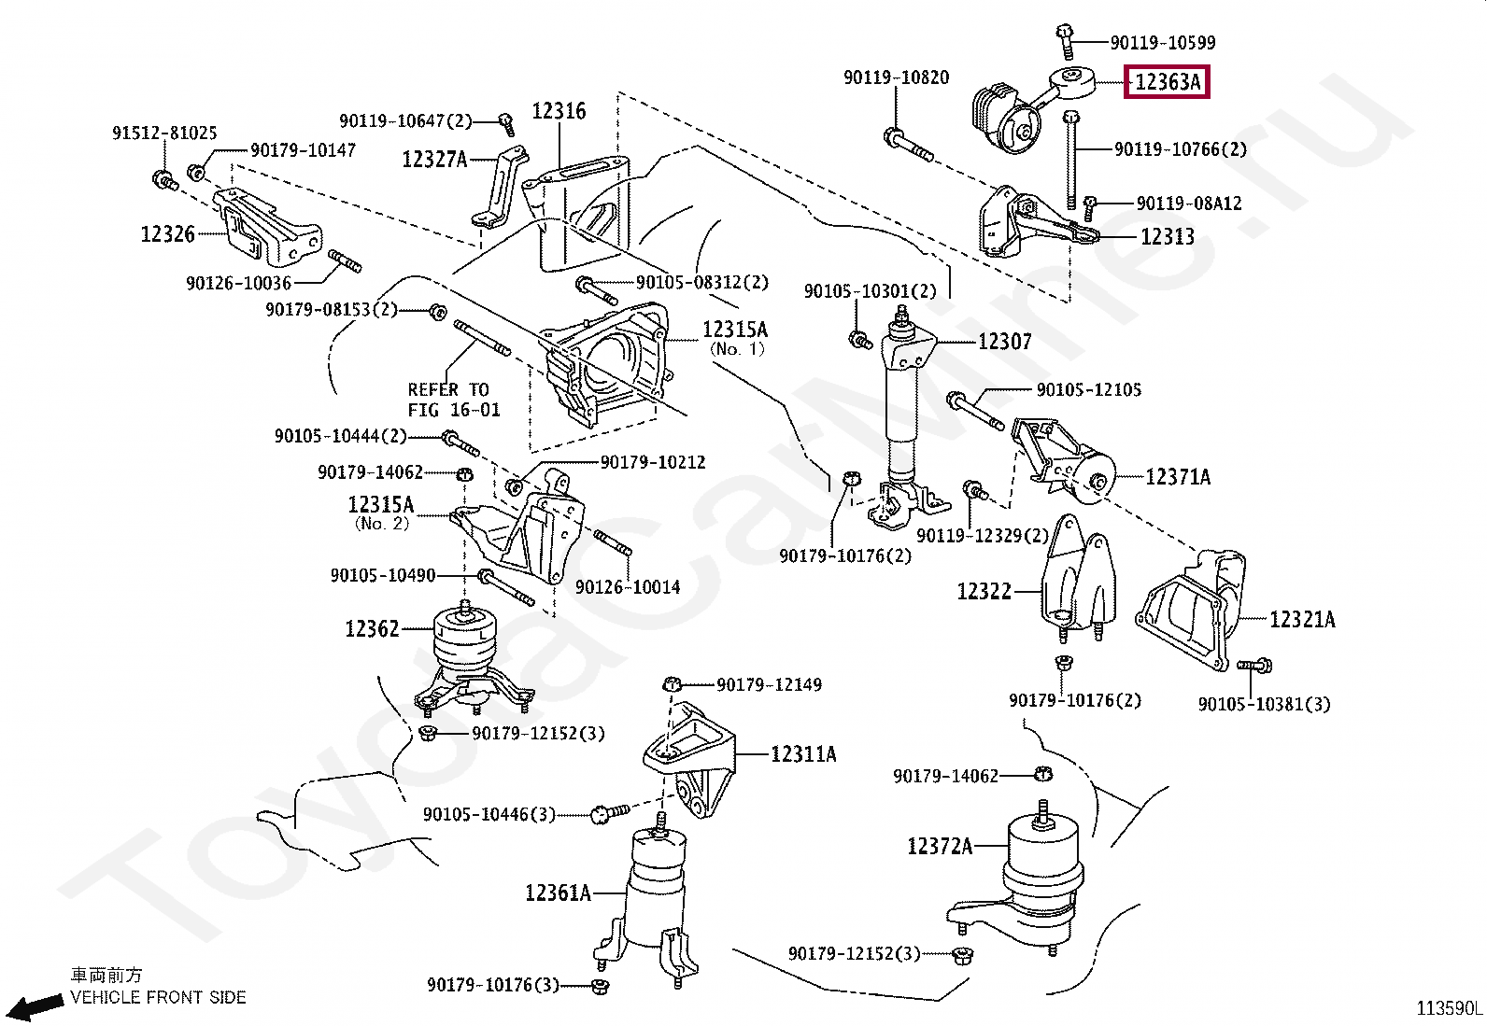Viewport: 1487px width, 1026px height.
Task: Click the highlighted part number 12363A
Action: click(x=1167, y=82)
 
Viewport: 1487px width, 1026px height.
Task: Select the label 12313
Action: click(x=1167, y=237)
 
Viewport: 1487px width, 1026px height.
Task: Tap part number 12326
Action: click(x=167, y=234)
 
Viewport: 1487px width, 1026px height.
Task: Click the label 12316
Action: click(x=559, y=111)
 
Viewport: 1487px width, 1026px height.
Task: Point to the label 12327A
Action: click(x=434, y=160)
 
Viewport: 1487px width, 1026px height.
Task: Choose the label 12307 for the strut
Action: click(x=1004, y=343)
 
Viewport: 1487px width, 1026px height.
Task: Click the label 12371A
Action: click(x=1177, y=477)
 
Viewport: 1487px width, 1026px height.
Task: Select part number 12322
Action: click(x=984, y=591)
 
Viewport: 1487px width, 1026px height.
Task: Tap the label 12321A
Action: click(x=1301, y=619)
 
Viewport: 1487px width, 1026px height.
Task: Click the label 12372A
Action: click(x=940, y=846)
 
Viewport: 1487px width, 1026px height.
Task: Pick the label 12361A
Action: click(x=558, y=892)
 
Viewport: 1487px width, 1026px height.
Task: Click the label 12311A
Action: click(x=802, y=753)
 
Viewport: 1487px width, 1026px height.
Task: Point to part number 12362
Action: click(x=372, y=629)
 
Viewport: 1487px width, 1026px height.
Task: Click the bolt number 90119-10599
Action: click(x=1162, y=42)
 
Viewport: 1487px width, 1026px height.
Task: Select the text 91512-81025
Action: click(x=164, y=133)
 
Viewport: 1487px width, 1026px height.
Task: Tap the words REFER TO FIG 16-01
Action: click(x=453, y=400)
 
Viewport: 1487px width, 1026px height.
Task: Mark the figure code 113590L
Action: click(x=1449, y=1008)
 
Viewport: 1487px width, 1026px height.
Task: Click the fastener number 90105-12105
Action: click(x=1088, y=389)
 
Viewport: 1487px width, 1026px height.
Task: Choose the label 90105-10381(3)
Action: click(x=1264, y=704)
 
